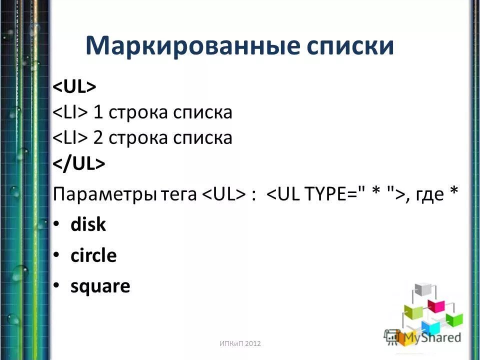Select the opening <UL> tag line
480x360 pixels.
tap(74, 86)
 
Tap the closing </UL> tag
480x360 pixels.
tap(79, 164)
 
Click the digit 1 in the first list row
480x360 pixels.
tap(98, 112)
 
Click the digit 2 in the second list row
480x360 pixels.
tap(98, 138)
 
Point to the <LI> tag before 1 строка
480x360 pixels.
tap(71, 112)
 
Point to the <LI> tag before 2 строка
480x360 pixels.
tap(71, 138)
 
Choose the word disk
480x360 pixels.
tap(88, 225)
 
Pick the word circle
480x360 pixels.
tap(93, 256)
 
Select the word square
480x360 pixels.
tap(100, 287)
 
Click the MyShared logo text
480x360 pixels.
tap(432, 337)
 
